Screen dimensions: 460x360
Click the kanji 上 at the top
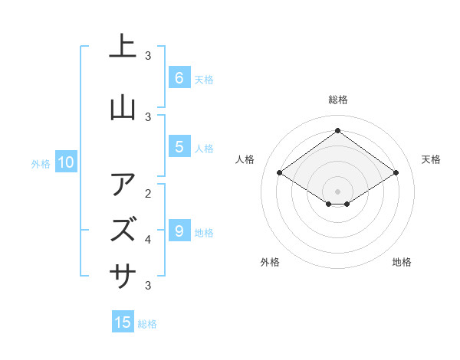(123, 47)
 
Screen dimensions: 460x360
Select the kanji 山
(123, 108)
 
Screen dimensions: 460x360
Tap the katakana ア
(123, 185)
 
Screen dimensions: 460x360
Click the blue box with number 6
(179, 77)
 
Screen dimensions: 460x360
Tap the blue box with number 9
(179, 231)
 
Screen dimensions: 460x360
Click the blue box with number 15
(123, 322)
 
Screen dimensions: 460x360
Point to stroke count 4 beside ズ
(148, 240)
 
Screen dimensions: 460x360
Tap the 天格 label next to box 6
(204, 79)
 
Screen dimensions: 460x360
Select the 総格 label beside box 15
(147, 324)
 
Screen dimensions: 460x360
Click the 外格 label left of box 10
(40, 163)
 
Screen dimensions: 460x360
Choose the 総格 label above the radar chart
(337, 100)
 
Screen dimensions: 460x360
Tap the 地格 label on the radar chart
(402, 262)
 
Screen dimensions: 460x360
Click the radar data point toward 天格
(396, 173)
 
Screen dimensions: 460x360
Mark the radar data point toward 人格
(279, 173)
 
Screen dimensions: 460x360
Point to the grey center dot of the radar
(337, 191)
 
